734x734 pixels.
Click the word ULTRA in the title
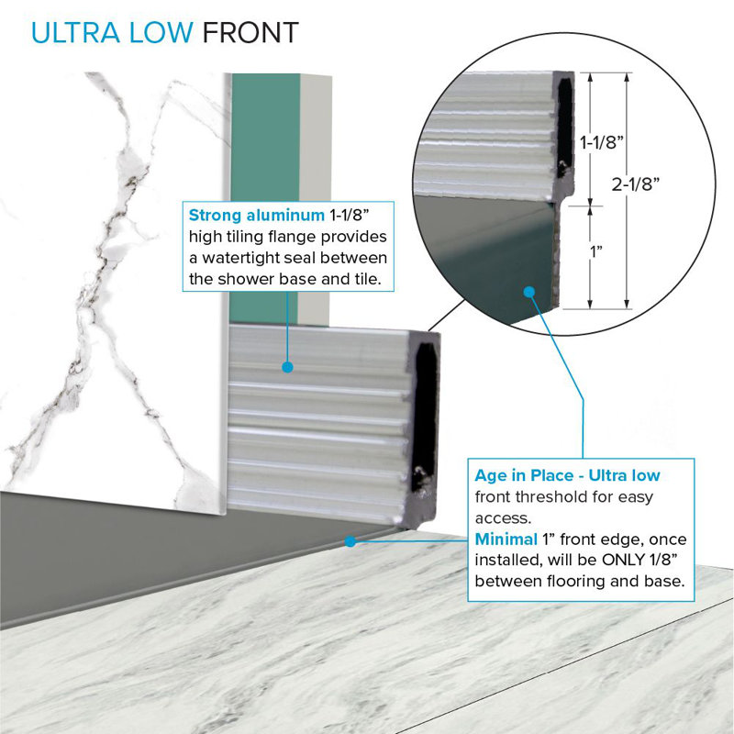(75, 32)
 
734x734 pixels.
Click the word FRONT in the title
(250, 32)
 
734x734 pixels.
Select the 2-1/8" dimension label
(635, 184)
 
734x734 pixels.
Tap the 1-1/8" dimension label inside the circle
(602, 142)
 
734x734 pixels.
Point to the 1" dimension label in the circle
(595, 251)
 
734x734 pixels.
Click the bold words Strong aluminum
(257, 215)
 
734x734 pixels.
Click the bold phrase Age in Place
(524, 475)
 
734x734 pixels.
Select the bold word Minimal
(506, 539)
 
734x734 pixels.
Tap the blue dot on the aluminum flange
(288, 367)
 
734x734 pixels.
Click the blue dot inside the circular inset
(529, 292)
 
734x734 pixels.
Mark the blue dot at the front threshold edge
(350, 541)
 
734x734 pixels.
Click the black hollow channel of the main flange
(426, 417)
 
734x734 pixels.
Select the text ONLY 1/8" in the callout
(639, 560)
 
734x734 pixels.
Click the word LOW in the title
(161, 32)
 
